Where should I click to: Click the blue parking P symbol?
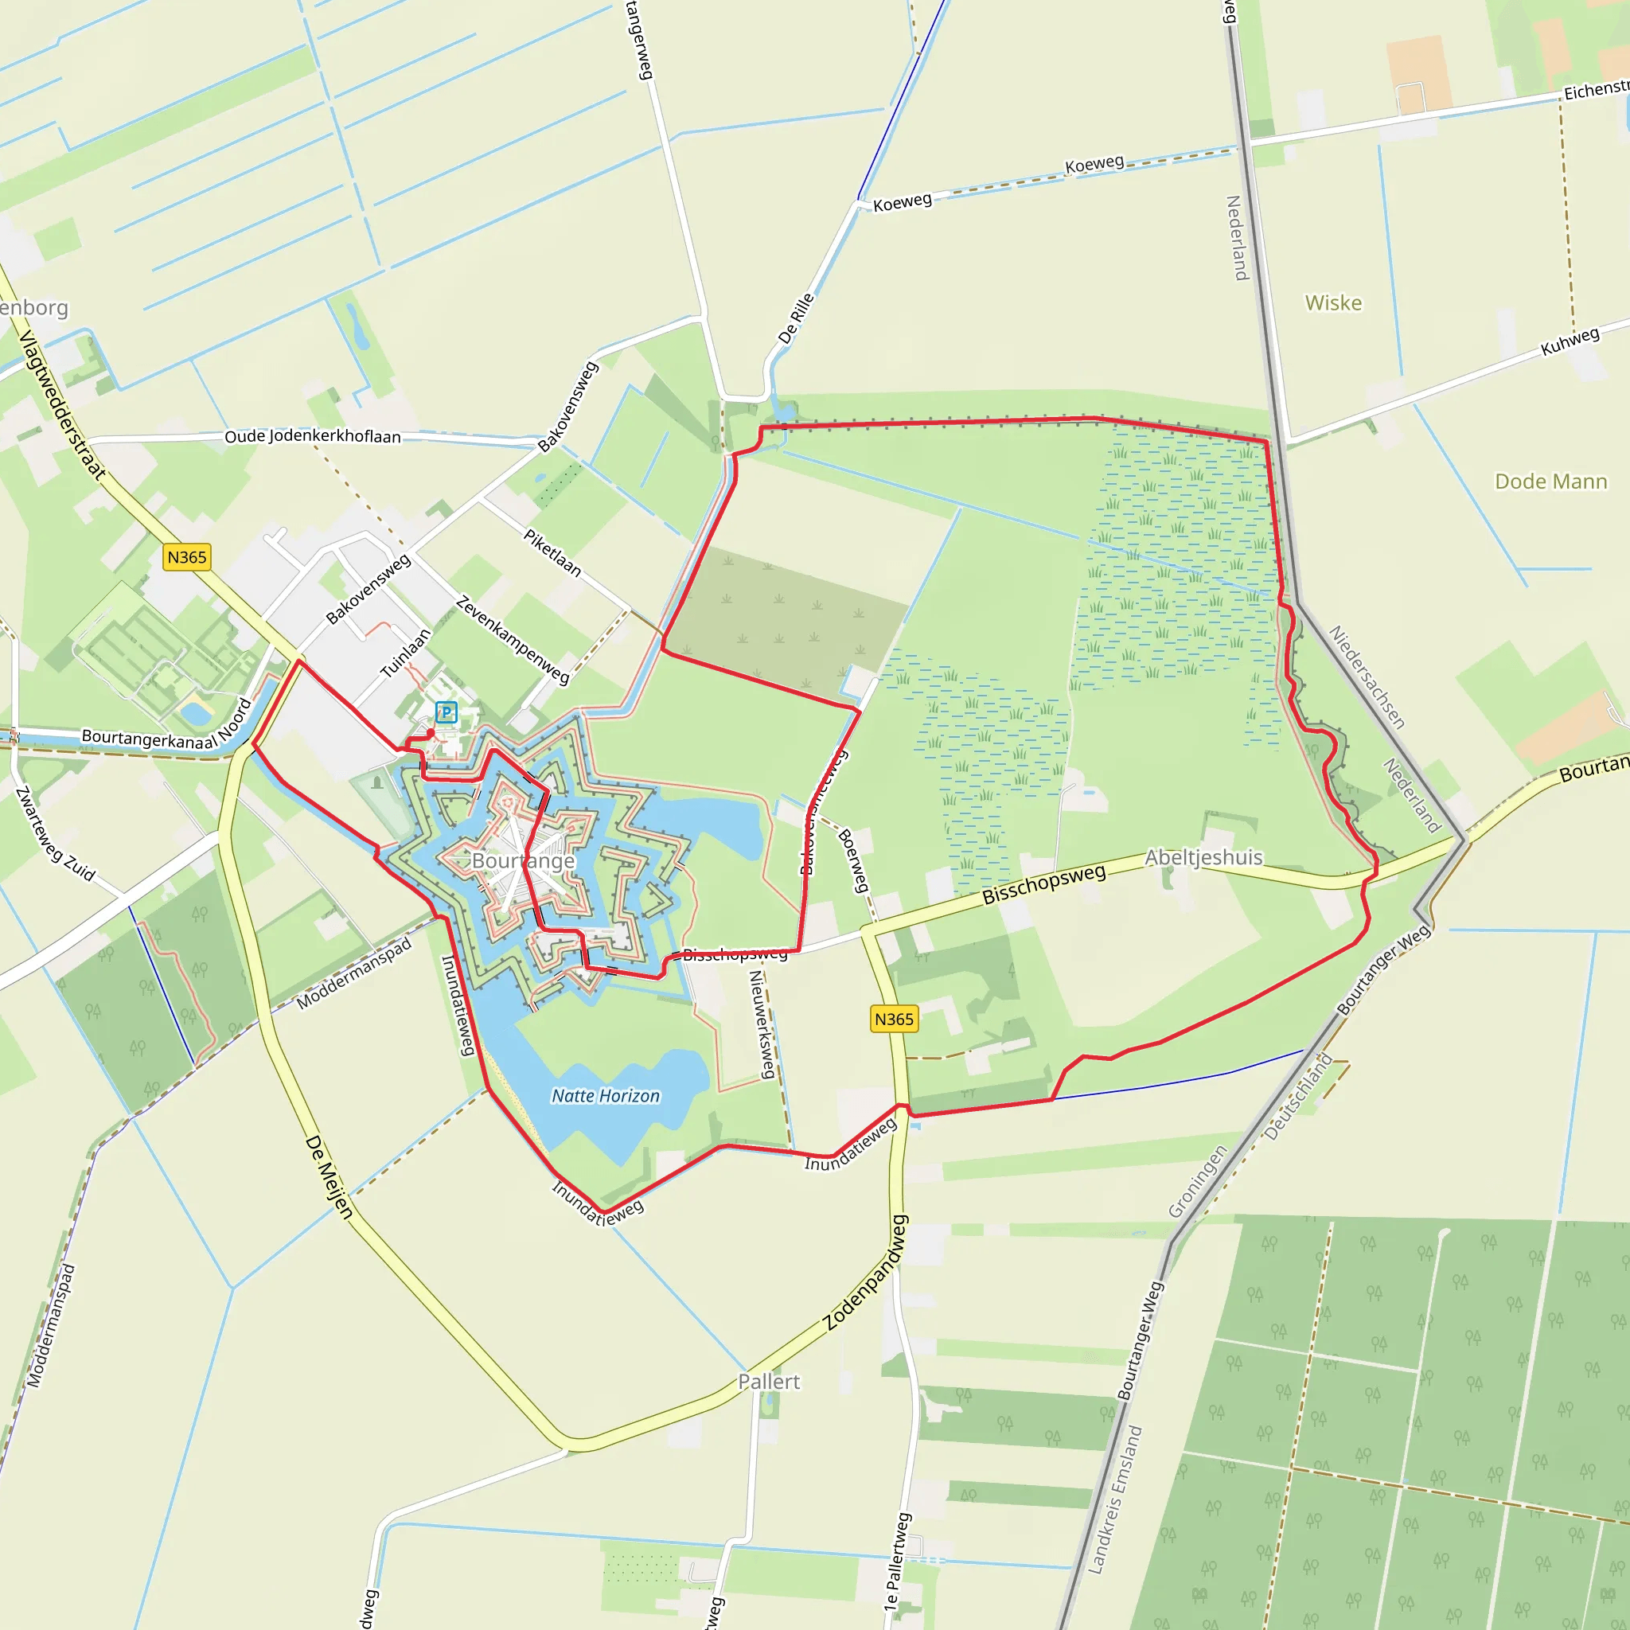(x=446, y=712)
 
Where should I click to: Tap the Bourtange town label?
(x=523, y=860)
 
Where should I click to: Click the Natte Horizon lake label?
(x=606, y=1096)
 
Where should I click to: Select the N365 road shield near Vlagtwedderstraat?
(x=186, y=557)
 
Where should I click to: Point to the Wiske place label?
(x=1333, y=303)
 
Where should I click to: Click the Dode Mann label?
(x=1550, y=482)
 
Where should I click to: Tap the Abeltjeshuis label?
(x=1203, y=857)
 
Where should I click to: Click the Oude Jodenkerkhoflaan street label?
(x=312, y=436)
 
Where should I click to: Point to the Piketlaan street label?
(x=552, y=552)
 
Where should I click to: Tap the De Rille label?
(x=796, y=318)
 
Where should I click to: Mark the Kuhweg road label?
(x=1570, y=341)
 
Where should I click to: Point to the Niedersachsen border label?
(x=1367, y=677)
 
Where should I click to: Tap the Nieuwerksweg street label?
(x=762, y=1024)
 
